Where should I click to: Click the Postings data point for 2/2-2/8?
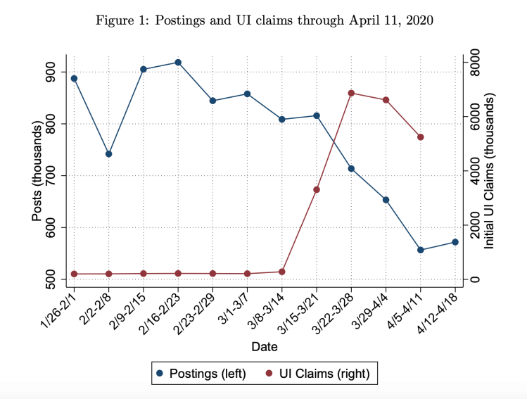pos(108,153)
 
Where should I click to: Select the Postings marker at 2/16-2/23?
pos(178,62)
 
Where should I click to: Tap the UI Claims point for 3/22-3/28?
pos(351,93)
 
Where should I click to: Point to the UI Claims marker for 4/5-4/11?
pos(421,137)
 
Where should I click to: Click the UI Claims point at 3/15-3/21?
pos(317,189)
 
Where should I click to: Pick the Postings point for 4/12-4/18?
pos(455,242)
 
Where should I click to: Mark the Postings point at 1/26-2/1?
pos(74,78)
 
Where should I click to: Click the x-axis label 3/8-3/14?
pos(269,310)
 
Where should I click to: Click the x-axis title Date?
pos(265,347)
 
